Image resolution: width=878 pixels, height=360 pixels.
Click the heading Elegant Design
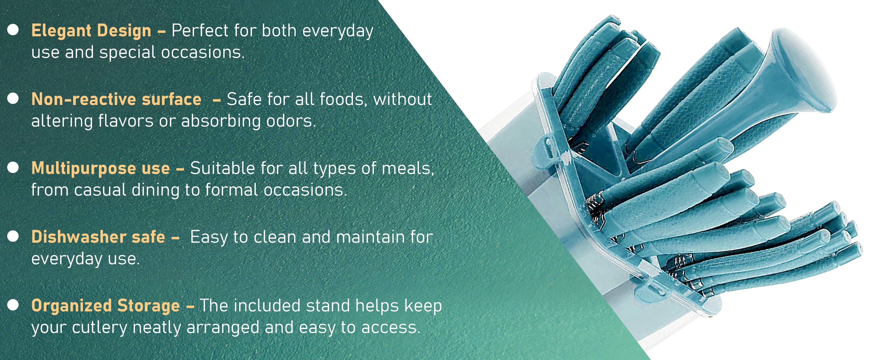click(91, 31)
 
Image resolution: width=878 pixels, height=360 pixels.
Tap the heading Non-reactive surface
click(116, 99)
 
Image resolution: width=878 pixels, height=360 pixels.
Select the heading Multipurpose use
click(100, 168)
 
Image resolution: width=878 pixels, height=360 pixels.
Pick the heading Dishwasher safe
click(98, 237)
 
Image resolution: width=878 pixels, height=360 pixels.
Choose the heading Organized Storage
click(106, 306)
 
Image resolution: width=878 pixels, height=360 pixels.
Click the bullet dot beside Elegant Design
click(13, 30)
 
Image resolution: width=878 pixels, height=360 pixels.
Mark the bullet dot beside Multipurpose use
click(13, 167)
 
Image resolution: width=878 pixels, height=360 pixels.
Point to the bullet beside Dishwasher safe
click(13, 236)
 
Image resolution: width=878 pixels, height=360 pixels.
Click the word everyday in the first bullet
click(338, 32)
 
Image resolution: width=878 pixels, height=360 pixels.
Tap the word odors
click(291, 121)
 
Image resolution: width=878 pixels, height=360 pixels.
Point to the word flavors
click(126, 121)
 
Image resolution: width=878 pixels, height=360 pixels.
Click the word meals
click(408, 168)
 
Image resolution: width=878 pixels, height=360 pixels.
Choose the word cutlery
click(100, 328)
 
